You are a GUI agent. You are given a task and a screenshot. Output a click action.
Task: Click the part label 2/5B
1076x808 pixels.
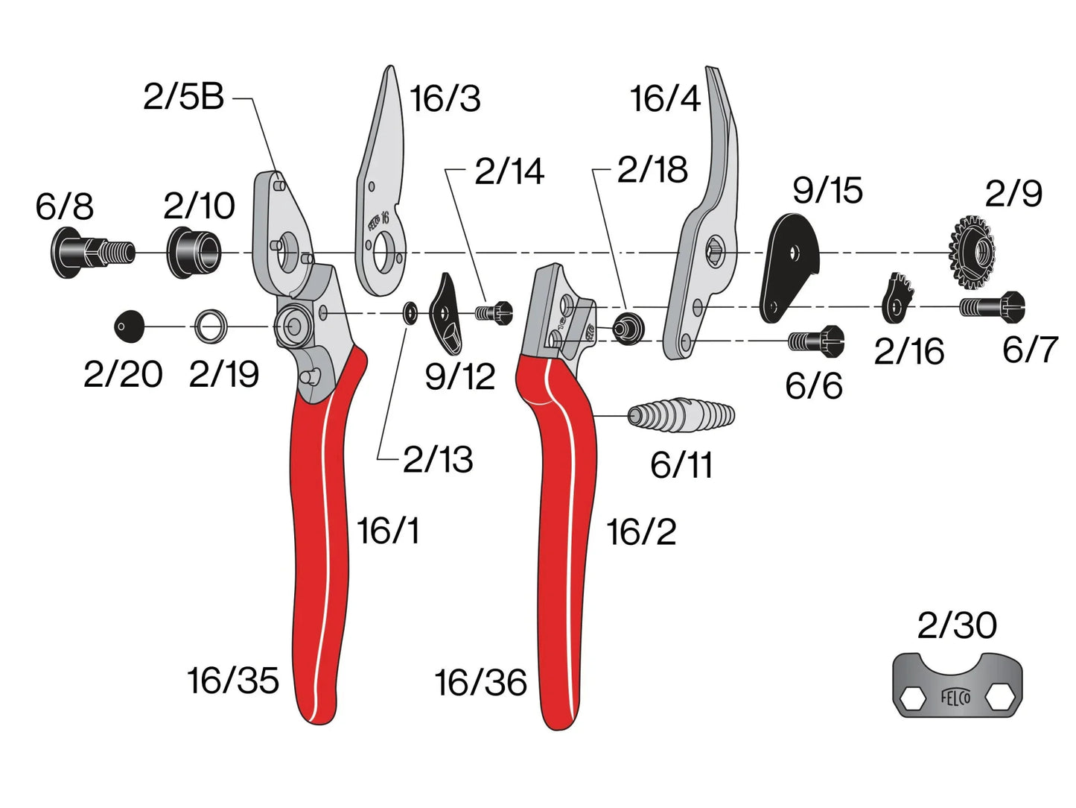[x=183, y=97]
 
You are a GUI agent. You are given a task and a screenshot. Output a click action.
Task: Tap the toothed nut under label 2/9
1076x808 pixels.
[x=972, y=253]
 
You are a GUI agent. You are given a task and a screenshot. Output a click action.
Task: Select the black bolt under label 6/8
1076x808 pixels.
[x=92, y=253]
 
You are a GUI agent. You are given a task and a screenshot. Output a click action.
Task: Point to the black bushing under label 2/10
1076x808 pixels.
[x=194, y=253]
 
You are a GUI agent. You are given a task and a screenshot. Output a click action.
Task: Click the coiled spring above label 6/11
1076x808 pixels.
[x=681, y=415]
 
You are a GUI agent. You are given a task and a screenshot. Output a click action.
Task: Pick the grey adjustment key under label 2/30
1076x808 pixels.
[x=956, y=686]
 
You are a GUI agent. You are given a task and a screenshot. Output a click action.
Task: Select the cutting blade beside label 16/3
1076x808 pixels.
[x=380, y=182]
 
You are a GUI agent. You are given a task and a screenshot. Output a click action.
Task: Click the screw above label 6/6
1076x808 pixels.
[x=816, y=340]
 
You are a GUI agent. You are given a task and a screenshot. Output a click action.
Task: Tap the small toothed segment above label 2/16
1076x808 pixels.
[x=898, y=298]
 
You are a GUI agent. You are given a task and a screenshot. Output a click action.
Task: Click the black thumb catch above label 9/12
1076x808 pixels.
[x=445, y=313]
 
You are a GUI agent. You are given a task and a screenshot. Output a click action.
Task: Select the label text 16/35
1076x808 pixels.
[x=233, y=681]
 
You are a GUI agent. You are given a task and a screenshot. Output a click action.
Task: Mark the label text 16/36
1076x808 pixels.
[x=481, y=682]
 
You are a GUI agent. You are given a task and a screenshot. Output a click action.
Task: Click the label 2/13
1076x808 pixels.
[x=438, y=460]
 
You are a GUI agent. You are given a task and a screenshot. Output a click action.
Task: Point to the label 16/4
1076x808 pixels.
[x=666, y=98]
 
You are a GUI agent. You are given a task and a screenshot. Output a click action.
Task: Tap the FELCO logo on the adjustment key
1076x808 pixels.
[x=956, y=697]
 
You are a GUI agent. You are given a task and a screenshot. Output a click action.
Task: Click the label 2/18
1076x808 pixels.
[x=652, y=170]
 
